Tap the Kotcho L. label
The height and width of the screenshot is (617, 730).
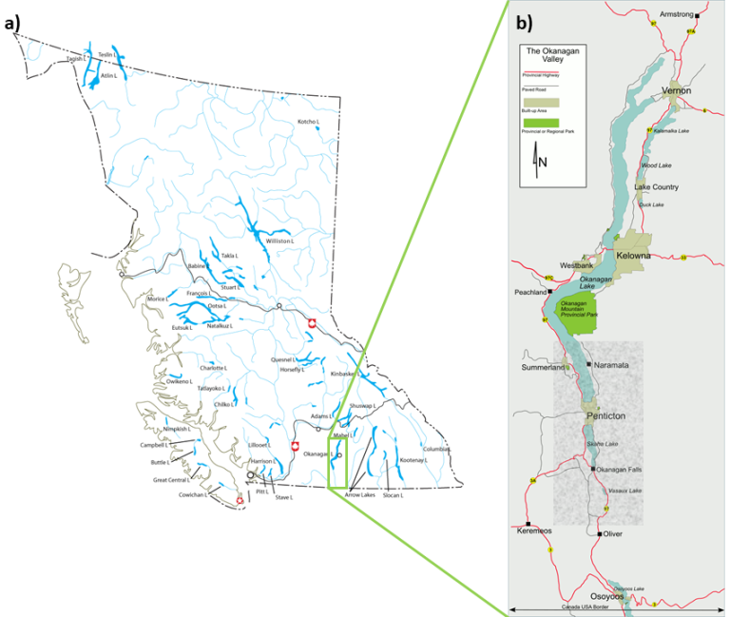click(308, 122)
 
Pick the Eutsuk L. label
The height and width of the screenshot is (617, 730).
click(182, 328)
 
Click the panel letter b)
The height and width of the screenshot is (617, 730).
click(524, 23)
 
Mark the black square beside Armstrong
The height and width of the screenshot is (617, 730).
click(697, 16)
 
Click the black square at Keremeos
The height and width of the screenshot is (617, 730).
click(527, 524)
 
